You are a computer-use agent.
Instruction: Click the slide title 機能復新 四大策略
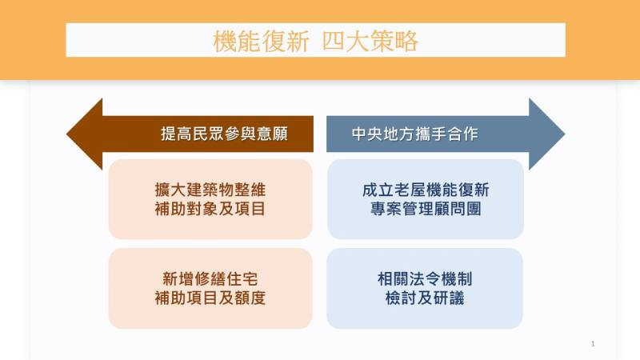[x=315, y=41]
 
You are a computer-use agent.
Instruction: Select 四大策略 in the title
[x=370, y=41]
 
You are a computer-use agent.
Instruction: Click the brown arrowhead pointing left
[x=85, y=134]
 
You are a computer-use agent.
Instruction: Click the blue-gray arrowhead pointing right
[x=547, y=134]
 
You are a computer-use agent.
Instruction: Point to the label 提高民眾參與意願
[x=224, y=134]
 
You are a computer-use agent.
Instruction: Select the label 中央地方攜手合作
[x=414, y=134]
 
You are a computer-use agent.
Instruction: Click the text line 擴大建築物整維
[x=210, y=190]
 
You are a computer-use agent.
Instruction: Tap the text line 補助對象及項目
[x=210, y=210]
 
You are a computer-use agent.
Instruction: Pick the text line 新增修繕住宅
[x=210, y=279]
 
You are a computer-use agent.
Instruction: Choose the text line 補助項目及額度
[x=210, y=298]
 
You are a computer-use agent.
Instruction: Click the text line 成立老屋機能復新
[x=425, y=190]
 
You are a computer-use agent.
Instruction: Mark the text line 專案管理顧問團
[x=425, y=210]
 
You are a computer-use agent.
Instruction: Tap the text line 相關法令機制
[x=425, y=279]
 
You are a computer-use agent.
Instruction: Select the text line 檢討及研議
[x=425, y=298]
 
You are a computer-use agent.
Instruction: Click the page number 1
[x=593, y=344]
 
